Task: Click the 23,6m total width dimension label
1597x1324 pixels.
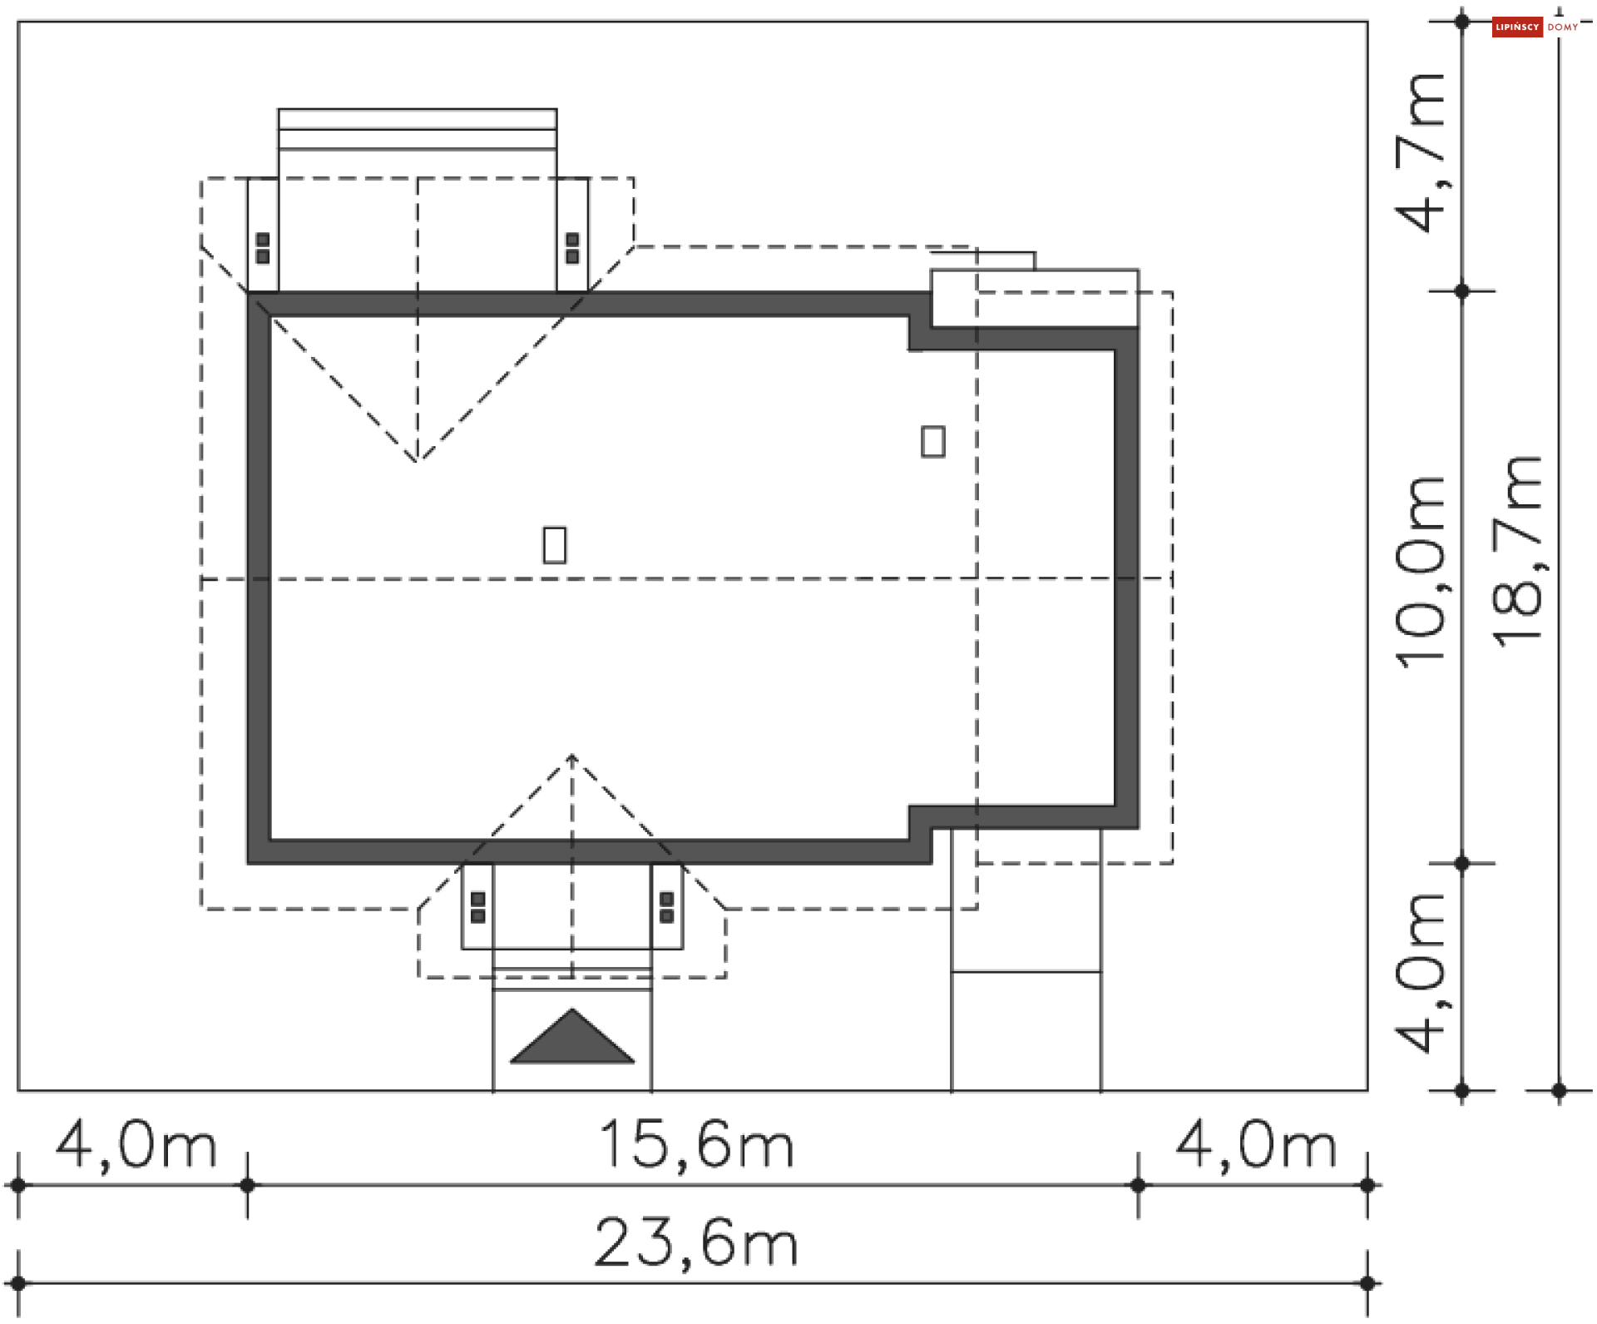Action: coord(696,1243)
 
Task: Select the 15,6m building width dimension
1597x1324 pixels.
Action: coord(696,1144)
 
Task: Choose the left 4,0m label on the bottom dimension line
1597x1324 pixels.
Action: coord(136,1144)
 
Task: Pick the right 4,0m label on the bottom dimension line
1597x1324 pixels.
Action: coord(1256,1144)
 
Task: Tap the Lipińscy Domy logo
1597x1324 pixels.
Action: coord(1535,27)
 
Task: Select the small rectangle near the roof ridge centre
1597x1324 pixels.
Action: coord(555,545)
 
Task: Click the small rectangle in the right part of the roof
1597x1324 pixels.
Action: coord(933,442)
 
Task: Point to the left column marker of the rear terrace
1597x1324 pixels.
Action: coord(263,248)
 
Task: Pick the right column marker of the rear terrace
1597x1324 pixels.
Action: coord(572,248)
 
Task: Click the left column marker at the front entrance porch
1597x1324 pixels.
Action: coord(478,907)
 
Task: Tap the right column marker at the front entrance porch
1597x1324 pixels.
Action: coord(666,907)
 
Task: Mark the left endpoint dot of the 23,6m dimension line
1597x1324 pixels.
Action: coord(18,1283)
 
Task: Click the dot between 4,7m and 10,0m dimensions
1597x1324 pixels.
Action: coord(1462,291)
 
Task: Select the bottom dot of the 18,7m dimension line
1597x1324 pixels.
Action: coord(1560,1090)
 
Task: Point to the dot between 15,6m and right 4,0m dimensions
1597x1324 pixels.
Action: coord(1139,1185)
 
